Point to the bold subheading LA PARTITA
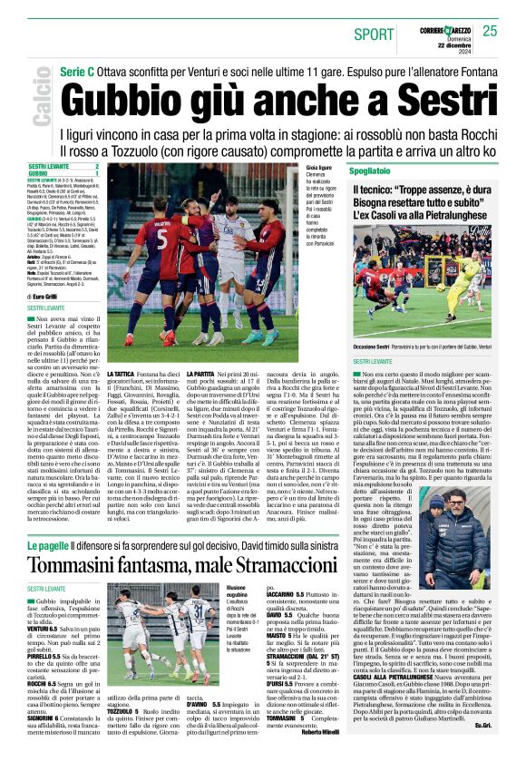200,373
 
